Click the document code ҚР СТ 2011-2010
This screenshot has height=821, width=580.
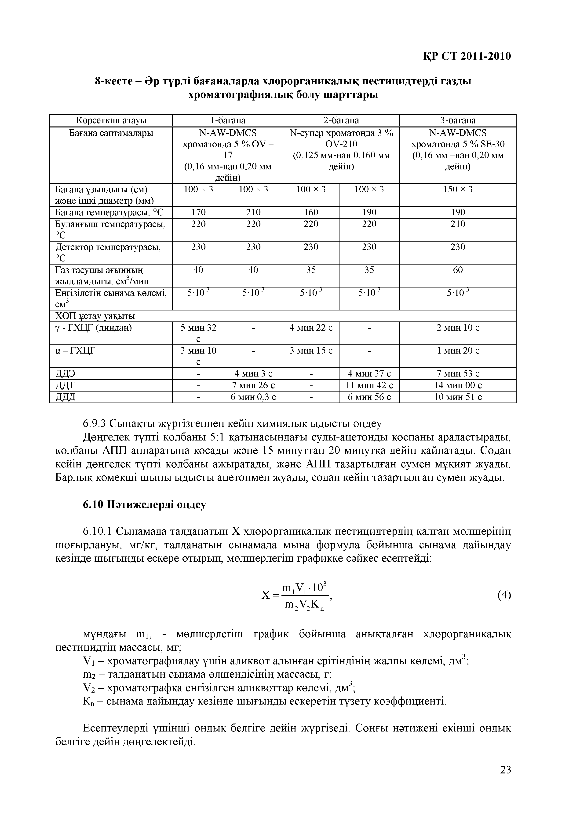(x=467, y=56)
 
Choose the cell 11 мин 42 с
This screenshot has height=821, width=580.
(x=369, y=385)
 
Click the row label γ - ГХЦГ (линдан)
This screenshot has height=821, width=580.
(x=94, y=328)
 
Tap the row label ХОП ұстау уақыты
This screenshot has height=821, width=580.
(x=95, y=316)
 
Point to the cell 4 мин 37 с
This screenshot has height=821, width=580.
(x=369, y=374)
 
